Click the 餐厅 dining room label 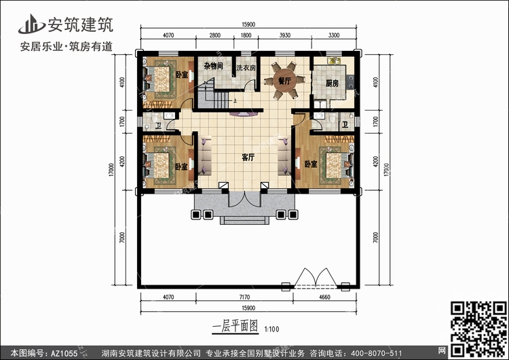284,80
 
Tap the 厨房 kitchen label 332,84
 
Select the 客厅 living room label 248,158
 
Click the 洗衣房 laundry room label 246,68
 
